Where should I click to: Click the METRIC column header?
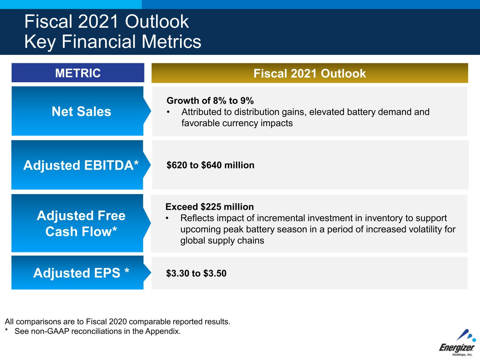78,73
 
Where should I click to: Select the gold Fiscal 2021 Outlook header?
310,73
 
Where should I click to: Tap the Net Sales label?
81,111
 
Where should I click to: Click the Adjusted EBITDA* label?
81,165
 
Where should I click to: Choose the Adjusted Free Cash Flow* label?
81,223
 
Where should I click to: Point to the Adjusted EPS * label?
81,272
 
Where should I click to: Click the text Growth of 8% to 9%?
210,101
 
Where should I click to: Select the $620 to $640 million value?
210,165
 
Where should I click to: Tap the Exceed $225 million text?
210,207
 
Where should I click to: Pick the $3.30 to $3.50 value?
196,273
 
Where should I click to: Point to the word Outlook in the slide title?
157,21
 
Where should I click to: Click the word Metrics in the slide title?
172,41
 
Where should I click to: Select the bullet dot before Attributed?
168,112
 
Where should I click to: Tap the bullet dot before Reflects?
167,218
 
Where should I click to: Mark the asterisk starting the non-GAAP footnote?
6,330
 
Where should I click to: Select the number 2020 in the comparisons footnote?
118,322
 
